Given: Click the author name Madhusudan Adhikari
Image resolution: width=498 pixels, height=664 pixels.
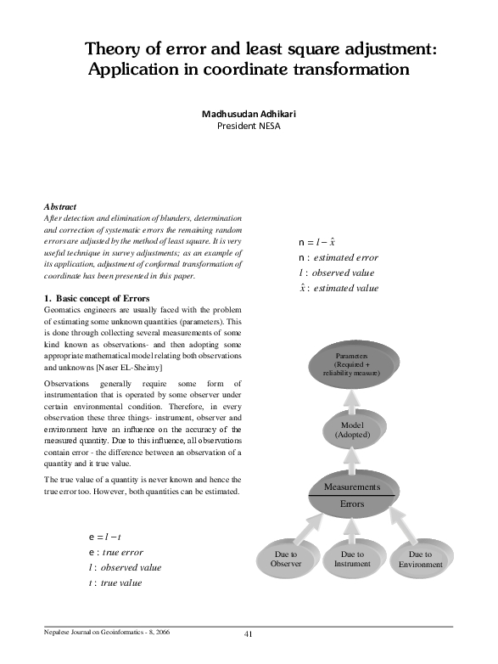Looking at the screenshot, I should coord(249,113).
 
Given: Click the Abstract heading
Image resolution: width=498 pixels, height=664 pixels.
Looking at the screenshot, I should coord(59,206).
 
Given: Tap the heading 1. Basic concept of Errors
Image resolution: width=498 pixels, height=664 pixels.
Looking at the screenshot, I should coord(96,298).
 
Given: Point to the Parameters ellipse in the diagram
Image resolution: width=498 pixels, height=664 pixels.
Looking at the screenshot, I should coord(351,364).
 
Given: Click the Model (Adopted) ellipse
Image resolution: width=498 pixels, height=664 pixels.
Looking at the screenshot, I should coord(351,429).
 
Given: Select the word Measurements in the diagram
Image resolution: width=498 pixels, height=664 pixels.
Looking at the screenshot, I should coord(351,487).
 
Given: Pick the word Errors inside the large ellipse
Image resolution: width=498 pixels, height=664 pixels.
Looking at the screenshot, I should coord(351,504).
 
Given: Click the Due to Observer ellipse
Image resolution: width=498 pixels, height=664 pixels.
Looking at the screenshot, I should coord(285,558).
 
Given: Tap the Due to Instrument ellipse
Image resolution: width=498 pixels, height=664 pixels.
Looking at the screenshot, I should coord(352,558).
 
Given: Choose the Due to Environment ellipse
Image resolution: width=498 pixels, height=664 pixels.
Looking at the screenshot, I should coord(420,559).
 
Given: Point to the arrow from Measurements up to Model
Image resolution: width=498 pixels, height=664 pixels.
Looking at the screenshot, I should coord(351,458).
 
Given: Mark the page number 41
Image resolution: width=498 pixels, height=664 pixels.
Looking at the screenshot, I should coord(249,634).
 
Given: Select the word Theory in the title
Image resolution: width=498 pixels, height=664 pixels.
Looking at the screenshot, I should coord(115,50).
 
